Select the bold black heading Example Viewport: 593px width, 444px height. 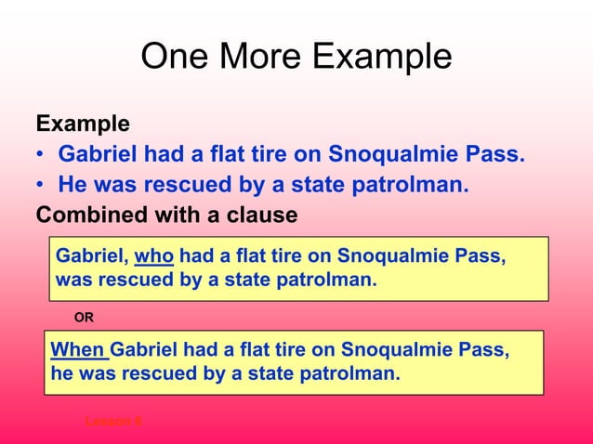[x=83, y=124]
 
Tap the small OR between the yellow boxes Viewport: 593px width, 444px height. [x=84, y=318]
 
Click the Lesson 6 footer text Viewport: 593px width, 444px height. [x=113, y=421]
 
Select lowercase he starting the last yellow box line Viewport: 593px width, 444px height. [x=60, y=374]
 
